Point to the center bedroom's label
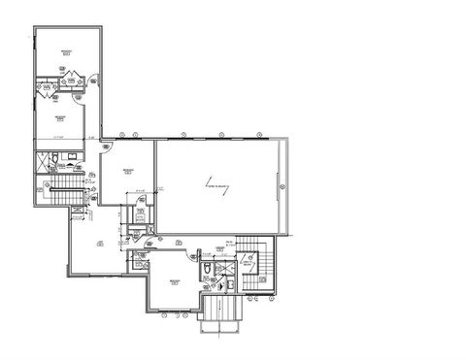click(x=127, y=172)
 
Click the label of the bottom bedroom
click(x=175, y=280)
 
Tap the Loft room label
click(x=100, y=245)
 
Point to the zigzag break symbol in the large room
click(x=224, y=184)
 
